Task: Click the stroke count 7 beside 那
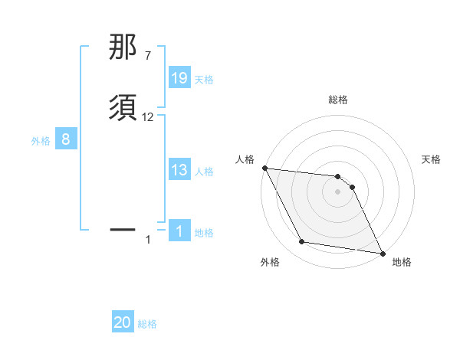[147, 55]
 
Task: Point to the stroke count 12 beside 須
[148, 117]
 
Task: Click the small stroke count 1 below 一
[149, 241]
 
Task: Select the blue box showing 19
[179, 77]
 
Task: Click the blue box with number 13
[179, 170]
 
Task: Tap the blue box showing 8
[66, 139]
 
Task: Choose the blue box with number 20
[123, 322]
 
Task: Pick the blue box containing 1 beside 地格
[179, 231]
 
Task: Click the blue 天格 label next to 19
[204, 79]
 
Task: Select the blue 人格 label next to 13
[204, 172]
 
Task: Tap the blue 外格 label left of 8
[41, 141]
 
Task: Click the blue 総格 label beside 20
[148, 324]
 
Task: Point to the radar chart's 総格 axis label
[338, 100]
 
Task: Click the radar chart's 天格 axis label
[431, 159]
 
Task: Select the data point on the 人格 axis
[264, 168]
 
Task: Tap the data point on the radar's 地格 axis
[382, 253]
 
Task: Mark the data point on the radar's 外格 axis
[302, 242]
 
